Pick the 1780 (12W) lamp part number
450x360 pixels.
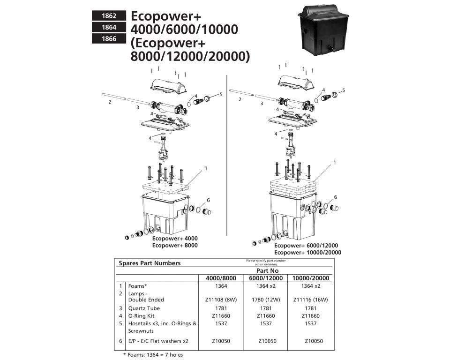[265, 300]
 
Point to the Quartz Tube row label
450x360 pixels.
[141, 308]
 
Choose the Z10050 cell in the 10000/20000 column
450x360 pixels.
[313, 341]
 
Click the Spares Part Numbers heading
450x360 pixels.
[149, 263]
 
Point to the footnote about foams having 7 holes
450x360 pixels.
[153, 355]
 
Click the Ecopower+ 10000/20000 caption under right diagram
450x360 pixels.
[307, 253]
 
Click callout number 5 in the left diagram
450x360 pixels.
[221, 94]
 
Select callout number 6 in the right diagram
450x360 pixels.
[335, 197]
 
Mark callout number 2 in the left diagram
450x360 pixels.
[110, 102]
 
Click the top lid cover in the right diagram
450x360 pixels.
[296, 81]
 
